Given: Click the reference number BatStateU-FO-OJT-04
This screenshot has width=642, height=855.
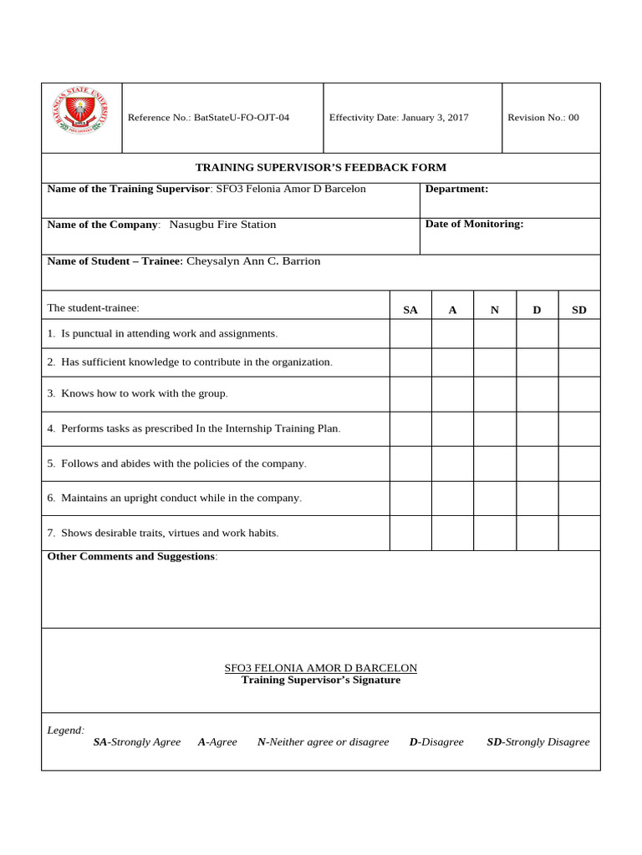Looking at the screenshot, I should tap(241, 118).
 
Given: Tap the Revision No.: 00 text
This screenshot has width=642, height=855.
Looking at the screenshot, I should tap(543, 118).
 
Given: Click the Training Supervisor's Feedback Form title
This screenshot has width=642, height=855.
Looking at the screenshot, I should tap(320, 168).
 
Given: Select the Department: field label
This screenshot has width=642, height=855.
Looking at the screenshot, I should tap(456, 189).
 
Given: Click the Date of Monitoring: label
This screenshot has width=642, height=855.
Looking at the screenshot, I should tap(474, 224).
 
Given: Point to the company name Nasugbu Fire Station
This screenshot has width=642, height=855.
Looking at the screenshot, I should tap(222, 225).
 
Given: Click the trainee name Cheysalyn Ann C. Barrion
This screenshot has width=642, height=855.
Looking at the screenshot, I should tap(253, 261).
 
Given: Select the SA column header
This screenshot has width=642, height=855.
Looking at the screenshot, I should tap(410, 310).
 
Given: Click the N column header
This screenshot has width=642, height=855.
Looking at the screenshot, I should tap(495, 310).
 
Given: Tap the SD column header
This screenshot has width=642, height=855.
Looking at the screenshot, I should tap(579, 310).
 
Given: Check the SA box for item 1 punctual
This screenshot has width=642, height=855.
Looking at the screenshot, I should tap(410, 334).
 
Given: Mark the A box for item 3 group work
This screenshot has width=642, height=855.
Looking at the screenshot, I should tap(452, 394).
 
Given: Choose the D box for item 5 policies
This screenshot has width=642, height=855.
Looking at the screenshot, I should tap(538, 463).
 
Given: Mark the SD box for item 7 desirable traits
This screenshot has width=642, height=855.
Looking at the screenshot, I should tap(579, 533).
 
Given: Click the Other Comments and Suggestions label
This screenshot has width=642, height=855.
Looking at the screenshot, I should tap(132, 557).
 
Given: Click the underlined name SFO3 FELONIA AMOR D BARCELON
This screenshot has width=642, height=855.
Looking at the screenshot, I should tap(320, 668).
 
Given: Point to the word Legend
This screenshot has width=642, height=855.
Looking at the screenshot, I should tap(65, 731).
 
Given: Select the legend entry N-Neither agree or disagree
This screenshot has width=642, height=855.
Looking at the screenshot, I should tap(323, 742).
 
